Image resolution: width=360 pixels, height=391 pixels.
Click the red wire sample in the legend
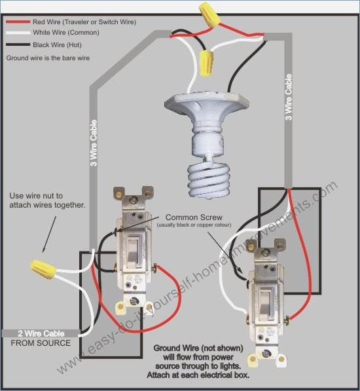click(x=18, y=22)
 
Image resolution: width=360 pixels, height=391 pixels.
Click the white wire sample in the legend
click(x=18, y=33)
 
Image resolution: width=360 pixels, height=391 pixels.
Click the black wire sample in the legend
click(x=18, y=45)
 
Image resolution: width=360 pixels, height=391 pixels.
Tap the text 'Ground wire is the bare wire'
click(x=48, y=58)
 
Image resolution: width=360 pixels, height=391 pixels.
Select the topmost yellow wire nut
click(x=209, y=14)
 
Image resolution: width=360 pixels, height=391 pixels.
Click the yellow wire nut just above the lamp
click(x=207, y=63)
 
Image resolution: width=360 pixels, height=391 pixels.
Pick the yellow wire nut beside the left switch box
click(x=43, y=269)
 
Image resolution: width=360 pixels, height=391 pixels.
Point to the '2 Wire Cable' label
click(x=41, y=333)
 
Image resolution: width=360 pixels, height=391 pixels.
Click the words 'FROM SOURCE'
click(x=41, y=343)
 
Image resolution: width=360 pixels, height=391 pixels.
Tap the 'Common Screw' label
click(x=194, y=217)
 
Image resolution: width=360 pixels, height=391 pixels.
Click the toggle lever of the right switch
click(x=264, y=303)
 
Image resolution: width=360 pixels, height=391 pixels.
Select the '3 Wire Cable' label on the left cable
click(x=94, y=143)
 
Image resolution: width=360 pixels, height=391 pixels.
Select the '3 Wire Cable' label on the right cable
click(x=288, y=97)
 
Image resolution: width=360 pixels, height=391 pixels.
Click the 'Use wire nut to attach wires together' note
click(x=47, y=200)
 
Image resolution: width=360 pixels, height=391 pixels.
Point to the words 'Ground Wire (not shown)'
click(x=198, y=348)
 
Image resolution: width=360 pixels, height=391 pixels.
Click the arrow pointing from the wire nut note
click(x=49, y=234)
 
